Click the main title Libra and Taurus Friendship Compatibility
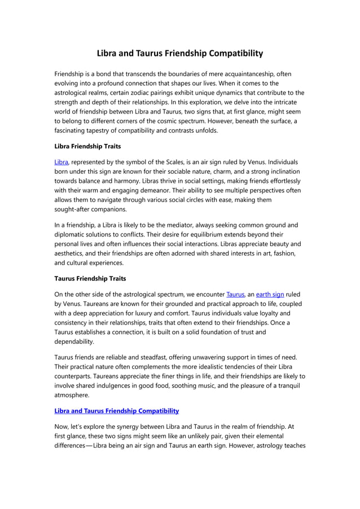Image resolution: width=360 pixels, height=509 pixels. point(179,54)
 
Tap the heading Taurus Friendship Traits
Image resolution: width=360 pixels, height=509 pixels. point(90,278)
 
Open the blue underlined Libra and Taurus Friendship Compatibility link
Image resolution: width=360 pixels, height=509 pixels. point(116,411)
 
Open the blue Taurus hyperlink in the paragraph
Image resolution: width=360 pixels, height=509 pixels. point(235,294)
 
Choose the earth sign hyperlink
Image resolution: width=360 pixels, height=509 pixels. point(270,294)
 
